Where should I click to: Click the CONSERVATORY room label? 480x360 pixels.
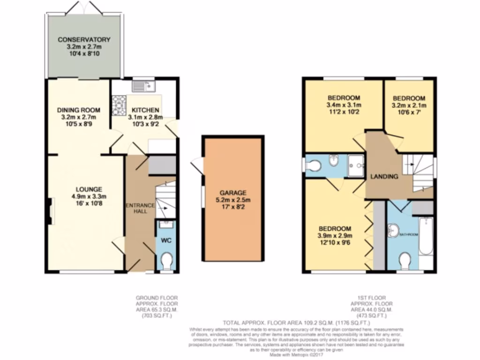click(84, 39)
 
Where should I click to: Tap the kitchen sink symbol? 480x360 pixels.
click(143, 86)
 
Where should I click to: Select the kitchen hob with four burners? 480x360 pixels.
click(119, 105)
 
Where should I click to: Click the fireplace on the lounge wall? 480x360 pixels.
click(50, 211)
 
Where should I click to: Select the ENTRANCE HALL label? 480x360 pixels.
click(140, 208)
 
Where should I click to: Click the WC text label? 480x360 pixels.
click(166, 240)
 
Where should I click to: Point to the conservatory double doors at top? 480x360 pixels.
click(84, 7)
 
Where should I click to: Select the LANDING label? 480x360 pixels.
click(384, 177)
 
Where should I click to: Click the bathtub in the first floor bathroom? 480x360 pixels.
click(426, 236)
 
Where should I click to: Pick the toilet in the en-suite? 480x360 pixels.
click(313, 165)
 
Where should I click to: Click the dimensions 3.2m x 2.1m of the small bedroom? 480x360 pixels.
click(409, 105)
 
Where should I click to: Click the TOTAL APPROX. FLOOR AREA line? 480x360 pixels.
click(296, 323)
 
